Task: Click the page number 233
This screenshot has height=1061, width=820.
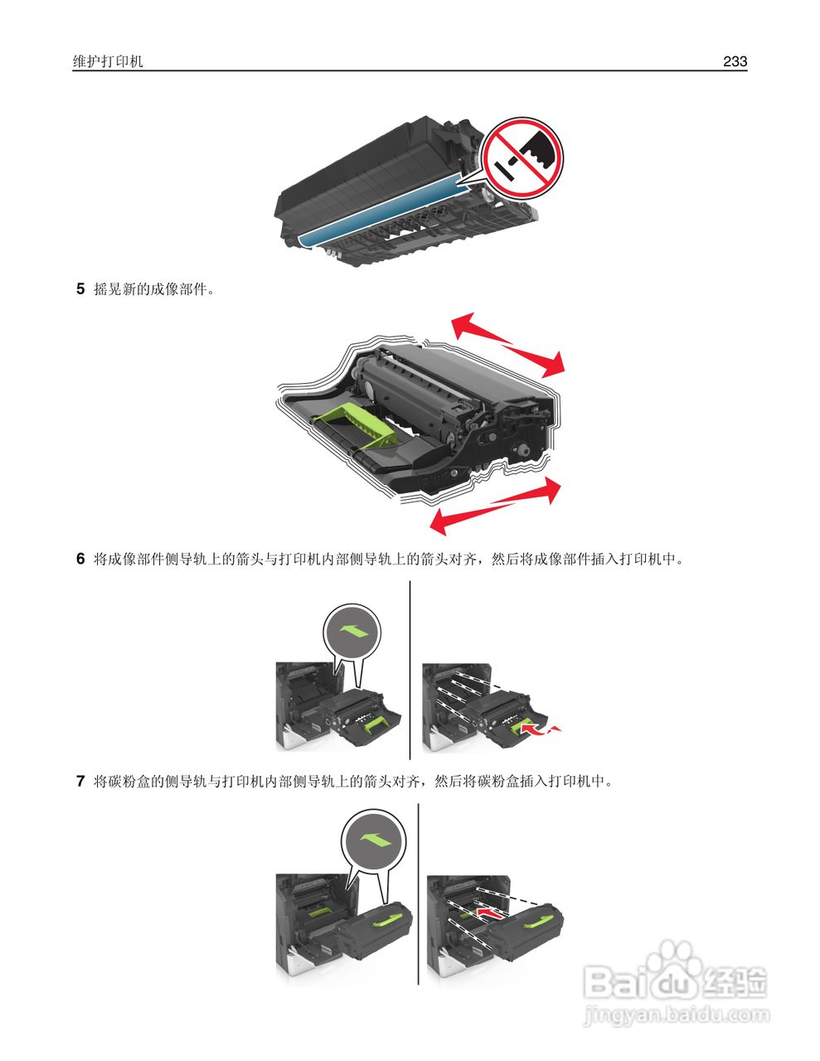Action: click(x=735, y=61)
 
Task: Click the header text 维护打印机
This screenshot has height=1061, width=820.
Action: click(x=108, y=61)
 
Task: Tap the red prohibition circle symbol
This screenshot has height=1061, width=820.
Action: click(x=522, y=158)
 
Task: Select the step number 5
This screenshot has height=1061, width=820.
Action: click(x=80, y=289)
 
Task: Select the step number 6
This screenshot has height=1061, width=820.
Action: click(x=80, y=559)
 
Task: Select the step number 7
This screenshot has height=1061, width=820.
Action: click(x=80, y=781)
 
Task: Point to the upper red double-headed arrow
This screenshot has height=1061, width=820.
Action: click(x=507, y=340)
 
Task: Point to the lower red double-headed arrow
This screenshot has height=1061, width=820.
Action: click(x=496, y=505)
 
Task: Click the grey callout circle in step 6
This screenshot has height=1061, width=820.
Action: click(x=352, y=632)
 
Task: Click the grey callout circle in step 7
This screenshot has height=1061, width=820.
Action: click(x=373, y=841)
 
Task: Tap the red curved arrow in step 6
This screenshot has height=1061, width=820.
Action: click(x=541, y=729)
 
